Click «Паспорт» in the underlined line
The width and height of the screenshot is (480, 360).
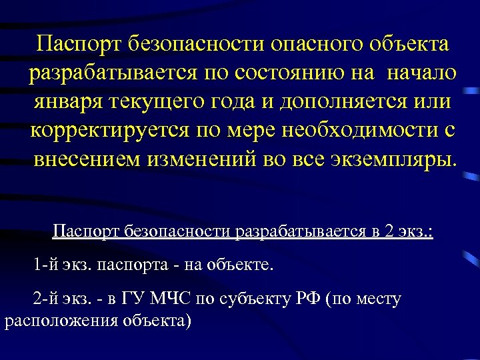[x=84, y=231]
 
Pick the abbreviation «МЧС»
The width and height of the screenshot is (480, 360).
[x=167, y=299]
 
